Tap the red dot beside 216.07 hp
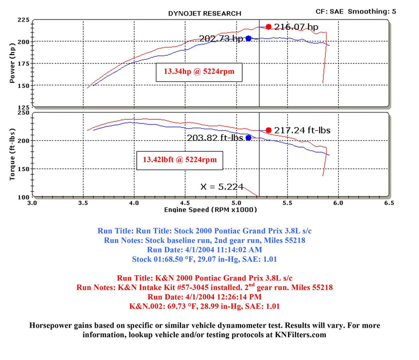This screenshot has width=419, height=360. (x=268, y=27)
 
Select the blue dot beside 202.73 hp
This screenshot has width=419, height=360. (x=248, y=38)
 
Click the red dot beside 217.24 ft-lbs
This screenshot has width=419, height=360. (x=268, y=130)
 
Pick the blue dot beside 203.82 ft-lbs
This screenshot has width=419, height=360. (x=248, y=138)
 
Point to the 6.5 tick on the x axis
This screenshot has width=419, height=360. (x=389, y=203)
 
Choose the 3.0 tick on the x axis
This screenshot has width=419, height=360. (x=32, y=203)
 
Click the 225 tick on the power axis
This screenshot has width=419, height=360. (x=23, y=20)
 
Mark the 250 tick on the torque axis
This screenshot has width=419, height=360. (x=23, y=112)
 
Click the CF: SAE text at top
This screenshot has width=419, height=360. (x=331, y=11)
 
